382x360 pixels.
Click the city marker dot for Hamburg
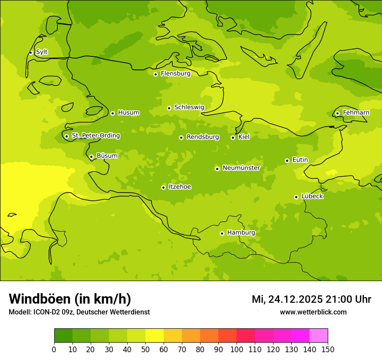222,233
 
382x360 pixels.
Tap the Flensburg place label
175,74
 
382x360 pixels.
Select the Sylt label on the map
42,52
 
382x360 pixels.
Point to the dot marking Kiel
233,137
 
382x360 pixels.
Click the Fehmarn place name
356,113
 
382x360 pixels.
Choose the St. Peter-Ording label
95,136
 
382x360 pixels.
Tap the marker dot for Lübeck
296,197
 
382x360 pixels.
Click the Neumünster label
241,168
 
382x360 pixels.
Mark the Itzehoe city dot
163,187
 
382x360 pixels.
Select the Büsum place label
107,156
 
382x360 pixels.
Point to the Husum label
128,113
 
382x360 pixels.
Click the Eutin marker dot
287,160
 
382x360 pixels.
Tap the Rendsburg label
203,137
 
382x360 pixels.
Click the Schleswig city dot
169,108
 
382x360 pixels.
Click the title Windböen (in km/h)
70,299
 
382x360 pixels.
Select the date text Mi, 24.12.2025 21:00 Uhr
311,299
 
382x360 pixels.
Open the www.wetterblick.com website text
313,312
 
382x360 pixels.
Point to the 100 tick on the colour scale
237,349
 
